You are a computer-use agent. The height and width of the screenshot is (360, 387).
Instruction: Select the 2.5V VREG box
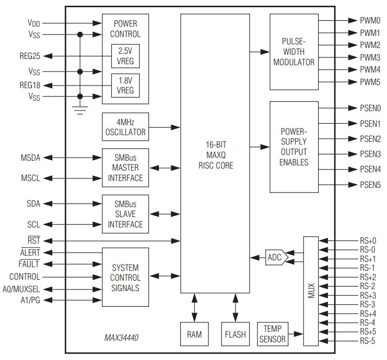[125, 55]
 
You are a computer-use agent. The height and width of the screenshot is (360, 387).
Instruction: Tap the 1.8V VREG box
[125, 86]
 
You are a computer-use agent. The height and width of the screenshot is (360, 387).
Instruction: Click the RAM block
[193, 334]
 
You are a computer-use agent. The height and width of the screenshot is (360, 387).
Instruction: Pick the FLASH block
[235, 334]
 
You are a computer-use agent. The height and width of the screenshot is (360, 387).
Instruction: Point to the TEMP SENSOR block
[273, 334]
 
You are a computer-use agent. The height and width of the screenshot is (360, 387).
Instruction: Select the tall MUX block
[310, 291]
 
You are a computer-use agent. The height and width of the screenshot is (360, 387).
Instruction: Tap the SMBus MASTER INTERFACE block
[125, 168]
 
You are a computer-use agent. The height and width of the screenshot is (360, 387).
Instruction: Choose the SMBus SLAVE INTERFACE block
[125, 214]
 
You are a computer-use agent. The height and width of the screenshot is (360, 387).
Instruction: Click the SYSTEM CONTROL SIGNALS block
[125, 277]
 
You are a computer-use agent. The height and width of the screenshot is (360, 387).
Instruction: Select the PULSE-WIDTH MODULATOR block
[294, 52]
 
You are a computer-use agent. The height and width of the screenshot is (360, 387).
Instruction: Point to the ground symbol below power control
[80, 110]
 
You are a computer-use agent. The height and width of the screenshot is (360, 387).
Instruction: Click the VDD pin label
[33, 23]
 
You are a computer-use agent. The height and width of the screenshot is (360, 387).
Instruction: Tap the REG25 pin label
[30, 55]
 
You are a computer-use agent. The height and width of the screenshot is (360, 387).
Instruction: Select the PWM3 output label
[370, 57]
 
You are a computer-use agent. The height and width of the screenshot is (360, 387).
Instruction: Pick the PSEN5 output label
[370, 185]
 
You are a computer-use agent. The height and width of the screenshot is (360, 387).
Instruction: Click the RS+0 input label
[368, 241]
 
